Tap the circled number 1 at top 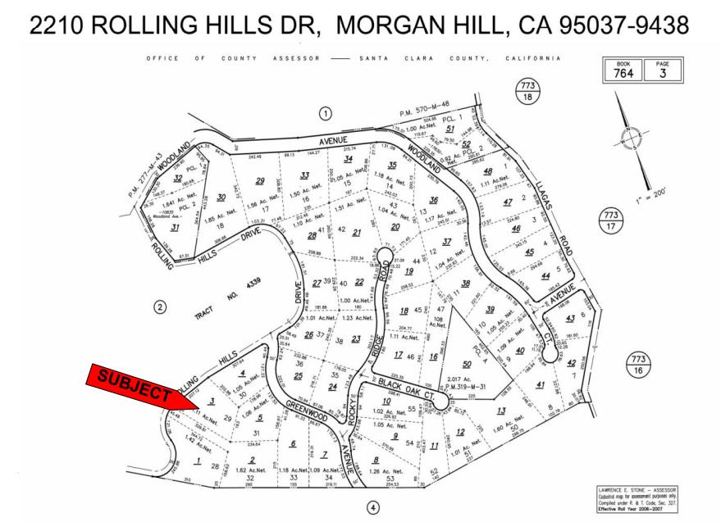326,113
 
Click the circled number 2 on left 161,307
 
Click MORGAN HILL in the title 418,26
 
